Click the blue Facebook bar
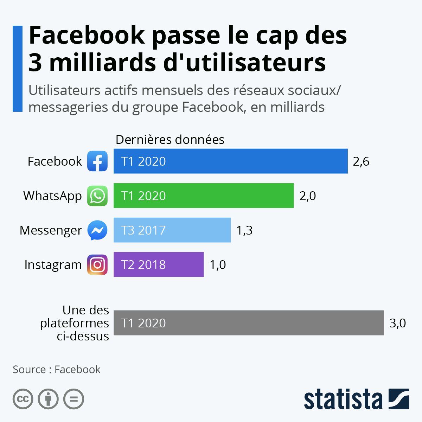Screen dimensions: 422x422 (x=230, y=161)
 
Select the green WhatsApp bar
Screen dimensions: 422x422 (x=204, y=196)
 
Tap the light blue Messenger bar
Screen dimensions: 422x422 (x=172, y=230)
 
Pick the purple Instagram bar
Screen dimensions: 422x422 (x=159, y=264)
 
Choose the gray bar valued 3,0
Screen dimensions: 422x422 (x=249, y=323)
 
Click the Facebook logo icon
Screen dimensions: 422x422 (x=97, y=161)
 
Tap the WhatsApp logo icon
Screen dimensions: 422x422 (x=97, y=196)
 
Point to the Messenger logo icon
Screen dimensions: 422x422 (x=97, y=230)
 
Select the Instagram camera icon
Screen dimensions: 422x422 (x=97, y=264)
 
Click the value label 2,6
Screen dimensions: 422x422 (x=361, y=161)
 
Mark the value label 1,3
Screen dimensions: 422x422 (x=244, y=230)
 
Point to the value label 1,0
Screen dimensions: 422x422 (x=218, y=265)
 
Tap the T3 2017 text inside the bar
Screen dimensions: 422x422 (x=143, y=230)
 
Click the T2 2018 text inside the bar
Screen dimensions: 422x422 (x=143, y=265)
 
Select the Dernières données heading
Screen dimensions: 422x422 (x=170, y=140)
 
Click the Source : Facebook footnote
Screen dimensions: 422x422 (x=57, y=370)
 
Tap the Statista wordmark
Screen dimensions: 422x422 (x=343, y=399)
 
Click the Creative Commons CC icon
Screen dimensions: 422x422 (x=23, y=399)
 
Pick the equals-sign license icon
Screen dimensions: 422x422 (x=74, y=399)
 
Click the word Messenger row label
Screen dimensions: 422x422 (x=51, y=230)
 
